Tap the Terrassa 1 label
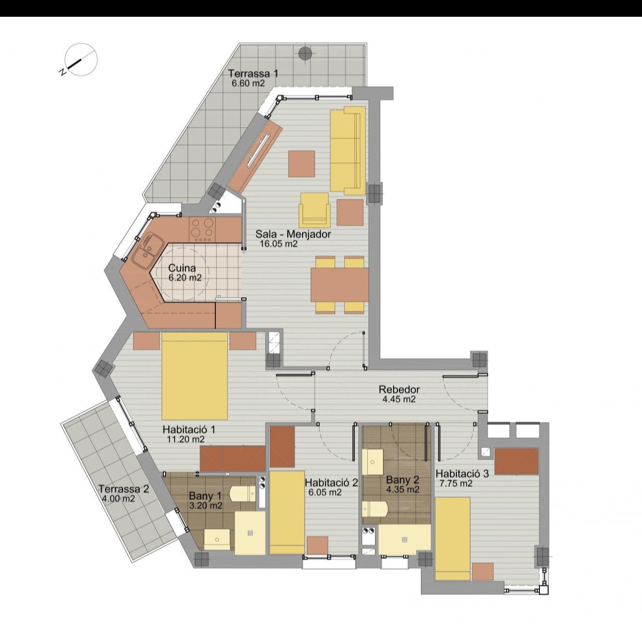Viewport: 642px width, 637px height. pyautogui.click(x=253, y=73)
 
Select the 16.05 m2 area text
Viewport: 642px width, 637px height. pyautogui.click(x=279, y=244)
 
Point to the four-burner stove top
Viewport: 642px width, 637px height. pyautogui.click(x=202, y=230)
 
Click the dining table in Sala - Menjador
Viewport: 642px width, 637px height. pyautogui.click(x=339, y=285)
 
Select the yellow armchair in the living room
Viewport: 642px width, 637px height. pyautogui.click(x=315, y=210)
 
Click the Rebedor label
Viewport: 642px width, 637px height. pyautogui.click(x=399, y=389)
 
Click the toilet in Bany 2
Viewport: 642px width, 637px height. pyautogui.click(x=375, y=509)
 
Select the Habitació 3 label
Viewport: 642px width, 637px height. pyautogui.click(x=462, y=474)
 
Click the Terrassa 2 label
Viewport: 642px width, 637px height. pyautogui.click(x=124, y=489)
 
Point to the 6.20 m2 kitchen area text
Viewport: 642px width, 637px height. pyautogui.click(x=185, y=278)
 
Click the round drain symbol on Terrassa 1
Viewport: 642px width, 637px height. pyautogui.click(x=304, y=53)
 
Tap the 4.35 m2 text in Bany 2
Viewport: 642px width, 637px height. pyautogui.click(x=403, y=489)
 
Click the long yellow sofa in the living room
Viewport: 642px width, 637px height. pyautogui.click(x=347, y=150)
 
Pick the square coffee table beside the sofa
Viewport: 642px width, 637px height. pyautogui.click(x=302, y=164)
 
